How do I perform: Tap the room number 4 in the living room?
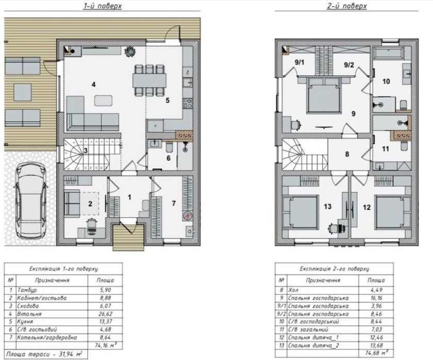94,84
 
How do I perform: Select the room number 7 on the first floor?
174,203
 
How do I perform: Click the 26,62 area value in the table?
105,314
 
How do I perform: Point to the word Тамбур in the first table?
27,290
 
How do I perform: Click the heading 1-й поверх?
103,6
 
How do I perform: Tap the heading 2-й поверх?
347,6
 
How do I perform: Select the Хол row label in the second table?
293,290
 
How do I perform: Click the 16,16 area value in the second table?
376,298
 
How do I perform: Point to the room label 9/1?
299,62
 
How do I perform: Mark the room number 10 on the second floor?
386,81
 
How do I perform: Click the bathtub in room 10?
388,53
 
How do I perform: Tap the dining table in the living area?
149,80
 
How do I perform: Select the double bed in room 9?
324,95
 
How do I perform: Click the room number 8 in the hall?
347,154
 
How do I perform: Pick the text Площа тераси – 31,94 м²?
44,354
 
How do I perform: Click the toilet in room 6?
169,148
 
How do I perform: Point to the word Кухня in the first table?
25,322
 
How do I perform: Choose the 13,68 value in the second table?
376,346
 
